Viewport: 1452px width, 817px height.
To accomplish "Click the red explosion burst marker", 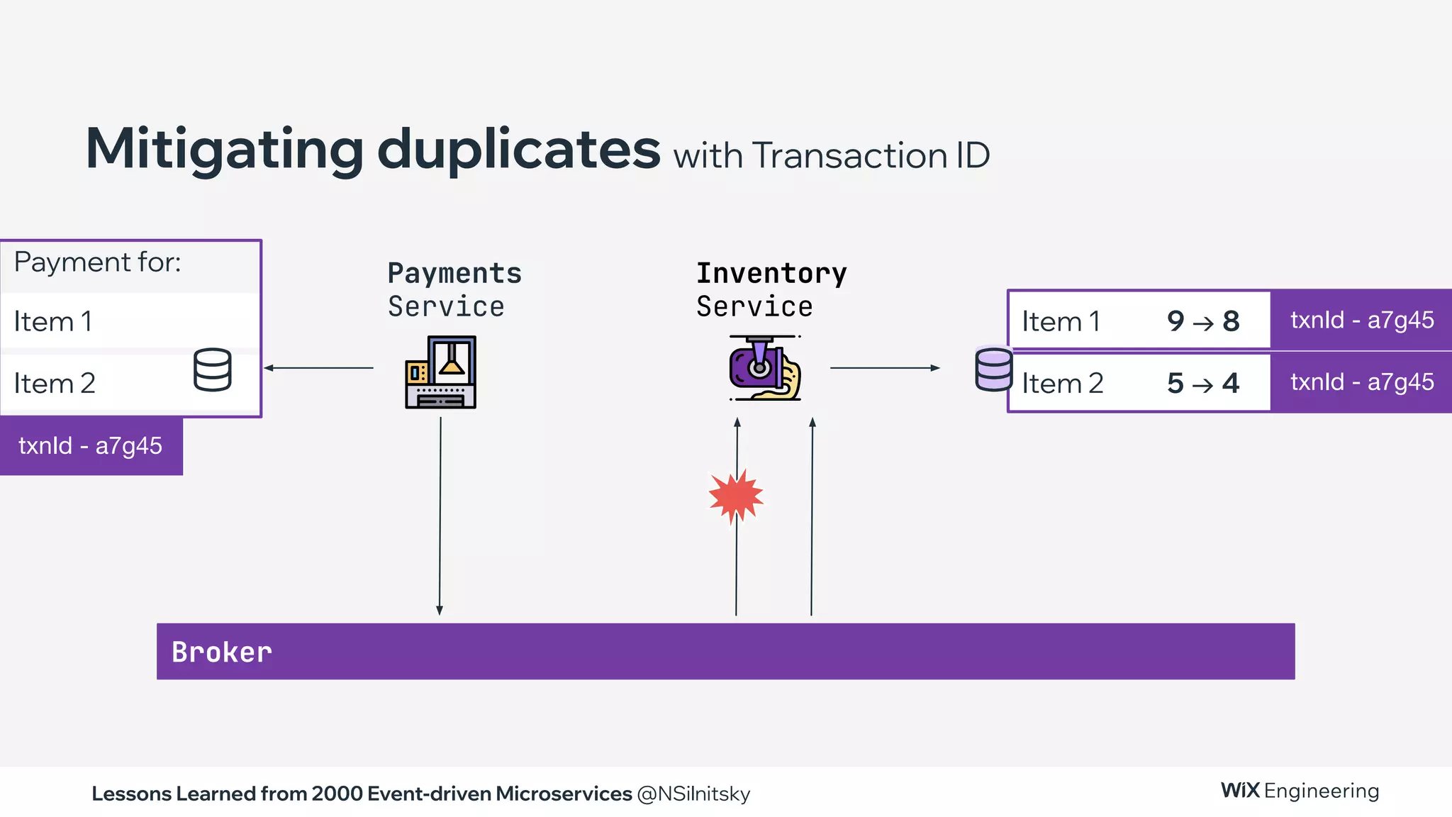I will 736,496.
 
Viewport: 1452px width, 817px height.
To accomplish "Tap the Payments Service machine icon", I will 440,372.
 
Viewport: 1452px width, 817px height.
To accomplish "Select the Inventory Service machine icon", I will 765,368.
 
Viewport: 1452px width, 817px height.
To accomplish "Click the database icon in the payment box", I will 212,369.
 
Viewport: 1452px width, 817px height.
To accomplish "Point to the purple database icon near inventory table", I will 993,369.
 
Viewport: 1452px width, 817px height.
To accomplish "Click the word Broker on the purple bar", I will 221,652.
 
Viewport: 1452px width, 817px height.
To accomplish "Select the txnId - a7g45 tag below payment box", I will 91,446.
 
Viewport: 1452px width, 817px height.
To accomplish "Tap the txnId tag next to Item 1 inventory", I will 1361,321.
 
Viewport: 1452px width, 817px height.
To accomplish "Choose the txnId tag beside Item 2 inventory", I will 1361,382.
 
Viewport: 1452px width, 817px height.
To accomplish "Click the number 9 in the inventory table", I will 1175,321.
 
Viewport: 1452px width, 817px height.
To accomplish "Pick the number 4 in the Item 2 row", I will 1231,384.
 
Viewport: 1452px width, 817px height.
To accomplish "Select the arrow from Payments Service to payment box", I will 318,367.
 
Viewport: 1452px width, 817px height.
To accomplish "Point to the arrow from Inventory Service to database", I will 885,367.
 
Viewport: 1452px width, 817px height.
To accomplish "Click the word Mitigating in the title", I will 224,150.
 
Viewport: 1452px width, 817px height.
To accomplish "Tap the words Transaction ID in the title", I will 871,156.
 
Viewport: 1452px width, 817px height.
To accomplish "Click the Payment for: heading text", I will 97,262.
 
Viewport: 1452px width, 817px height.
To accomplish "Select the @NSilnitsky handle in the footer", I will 693,794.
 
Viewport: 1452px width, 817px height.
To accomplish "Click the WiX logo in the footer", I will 1240,790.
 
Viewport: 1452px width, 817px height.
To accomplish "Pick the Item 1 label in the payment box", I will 53,322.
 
